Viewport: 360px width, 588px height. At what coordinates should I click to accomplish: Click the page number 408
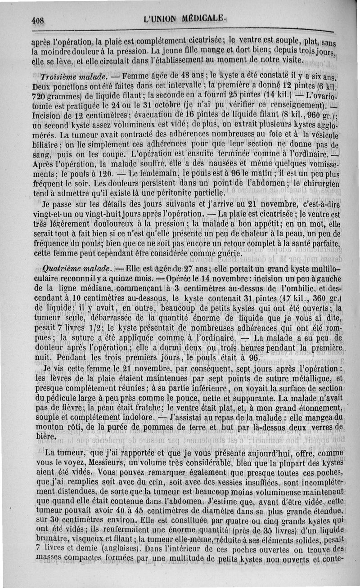pyautogui.click(x=40, y=19)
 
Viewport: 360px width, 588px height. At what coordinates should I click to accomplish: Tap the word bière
pyautogui.click(x=45, y=436)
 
